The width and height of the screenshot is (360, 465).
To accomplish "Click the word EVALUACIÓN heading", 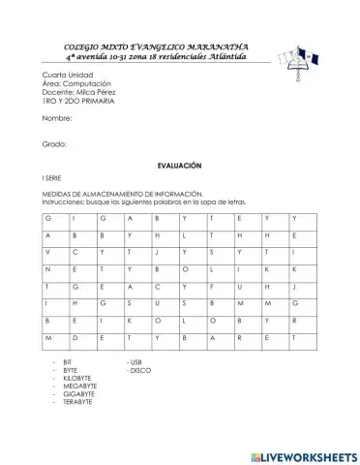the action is pyautogui.click(x=179, y=167).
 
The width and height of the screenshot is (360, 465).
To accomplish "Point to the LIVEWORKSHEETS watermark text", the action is pyautogui.click(x=305, y=454).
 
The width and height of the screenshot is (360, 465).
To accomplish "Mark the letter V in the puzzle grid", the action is pyautogui.click(x=46, y=251).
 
